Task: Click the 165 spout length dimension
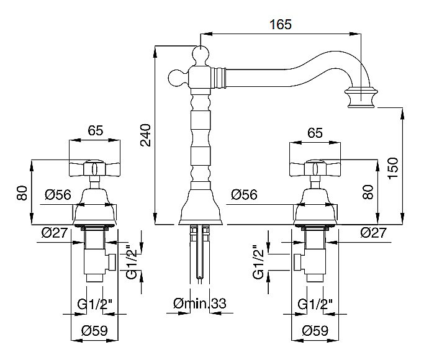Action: pos(281,24)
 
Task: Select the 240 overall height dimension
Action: pos(145,134)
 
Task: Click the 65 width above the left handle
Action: pos(95,132)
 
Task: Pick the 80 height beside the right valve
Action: pos(369,192)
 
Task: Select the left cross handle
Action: pos(95,168)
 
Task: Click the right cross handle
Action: pos(315,168)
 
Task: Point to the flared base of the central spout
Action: pos(201,209)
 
